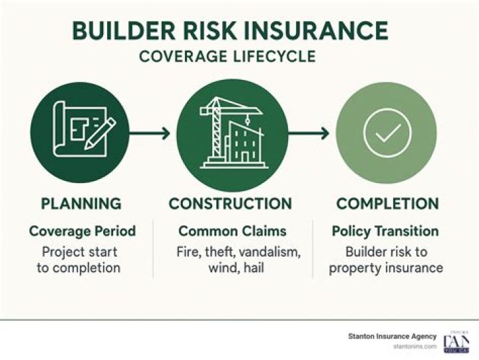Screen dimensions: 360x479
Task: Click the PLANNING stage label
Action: (81, 204)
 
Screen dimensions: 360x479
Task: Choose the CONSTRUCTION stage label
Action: (230, 204)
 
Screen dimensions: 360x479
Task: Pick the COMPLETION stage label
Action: (387, 204)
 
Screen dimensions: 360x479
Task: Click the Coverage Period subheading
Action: (82, 232)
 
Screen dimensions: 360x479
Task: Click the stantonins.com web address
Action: (415, 347)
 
